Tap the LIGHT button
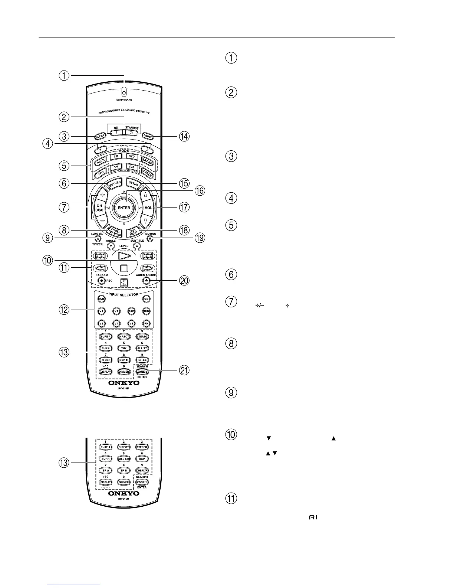pyautogui.click(x=147, y=136)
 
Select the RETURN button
pyautogui.click(x=114, y=183)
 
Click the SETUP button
pyautogui.click(x=133, y=183)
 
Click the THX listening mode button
pyautogui.click(x=124, y=348)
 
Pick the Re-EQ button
pyautogui.click(x=142, y=360)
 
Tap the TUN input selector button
pyautogui.click(x=147, y=311)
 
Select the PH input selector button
pyautogui.click(x=147, y=323)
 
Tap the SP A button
pyautogui.click(x=106, y=470)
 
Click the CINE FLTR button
pyautogui.click(x=142, y=470)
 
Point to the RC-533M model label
pyautogui.click(x=124, y=389)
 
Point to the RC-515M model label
pyautogui.click(x=124, y=500)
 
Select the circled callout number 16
pyautogui.click(x=200, y=190)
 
